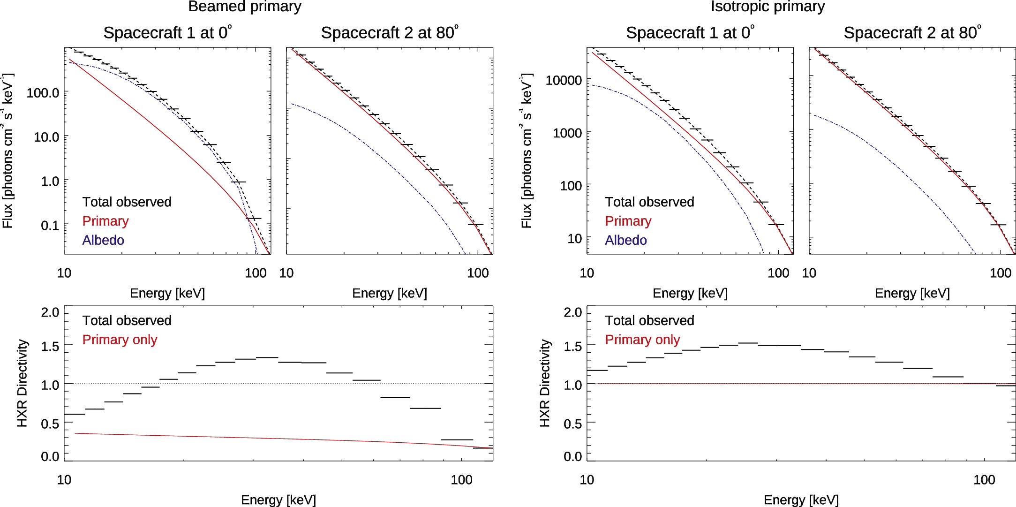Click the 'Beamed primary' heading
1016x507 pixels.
pos(244,7)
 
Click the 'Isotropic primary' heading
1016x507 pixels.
pos(768,7)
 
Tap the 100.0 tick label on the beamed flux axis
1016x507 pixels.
pos(43,93)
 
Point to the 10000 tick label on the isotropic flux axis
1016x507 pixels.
pos(564,80)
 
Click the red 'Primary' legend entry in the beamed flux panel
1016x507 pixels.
pos(105,221)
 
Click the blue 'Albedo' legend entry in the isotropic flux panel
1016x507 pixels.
pos(625,240)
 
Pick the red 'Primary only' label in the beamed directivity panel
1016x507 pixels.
pos(120,340)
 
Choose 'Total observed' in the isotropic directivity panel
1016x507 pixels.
pos(649,320)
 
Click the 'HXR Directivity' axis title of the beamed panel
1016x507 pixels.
pos(22,383)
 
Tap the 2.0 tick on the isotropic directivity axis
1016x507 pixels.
pos(572,312)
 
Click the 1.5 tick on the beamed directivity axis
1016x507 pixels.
pos(50,347)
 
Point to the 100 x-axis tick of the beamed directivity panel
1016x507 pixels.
pos(461,480)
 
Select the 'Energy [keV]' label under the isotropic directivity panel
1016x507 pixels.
pos(801,500)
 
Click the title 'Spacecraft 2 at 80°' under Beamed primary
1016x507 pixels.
pos(390,33)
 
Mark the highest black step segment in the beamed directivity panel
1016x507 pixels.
pos(267,357)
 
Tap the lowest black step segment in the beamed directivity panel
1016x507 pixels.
pos(483,448)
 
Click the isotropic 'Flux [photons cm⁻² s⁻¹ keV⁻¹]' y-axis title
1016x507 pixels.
pos(527,151)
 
